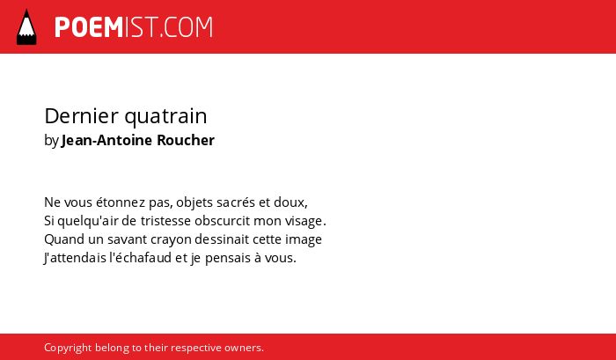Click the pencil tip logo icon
click(26, 26)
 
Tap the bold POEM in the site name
click(89, 27)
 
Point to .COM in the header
click(186, 27)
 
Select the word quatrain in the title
click(165, 117)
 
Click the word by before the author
click(51, 141)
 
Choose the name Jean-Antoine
click(107, 140)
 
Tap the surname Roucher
click(186, 140)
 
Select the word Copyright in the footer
click(68, 348)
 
